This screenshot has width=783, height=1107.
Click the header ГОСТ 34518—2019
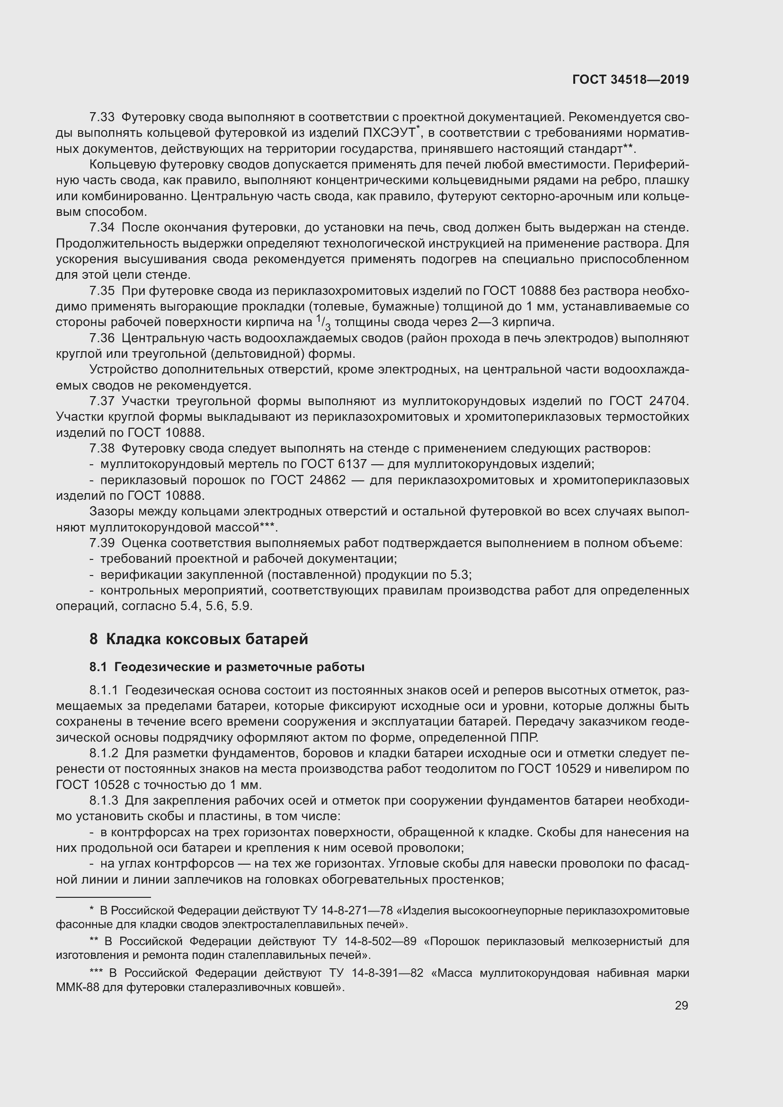[630, 80]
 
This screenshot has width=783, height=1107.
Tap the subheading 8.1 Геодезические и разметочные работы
[227, 667]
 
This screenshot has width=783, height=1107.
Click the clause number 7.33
[102, 117]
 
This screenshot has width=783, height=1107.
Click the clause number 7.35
[102, 291]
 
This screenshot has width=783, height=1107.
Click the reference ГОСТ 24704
[649, 401]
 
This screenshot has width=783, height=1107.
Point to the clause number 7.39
[102, 543]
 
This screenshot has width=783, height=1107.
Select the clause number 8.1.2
[104, 753]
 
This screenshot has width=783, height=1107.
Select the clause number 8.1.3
[104, 801]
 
